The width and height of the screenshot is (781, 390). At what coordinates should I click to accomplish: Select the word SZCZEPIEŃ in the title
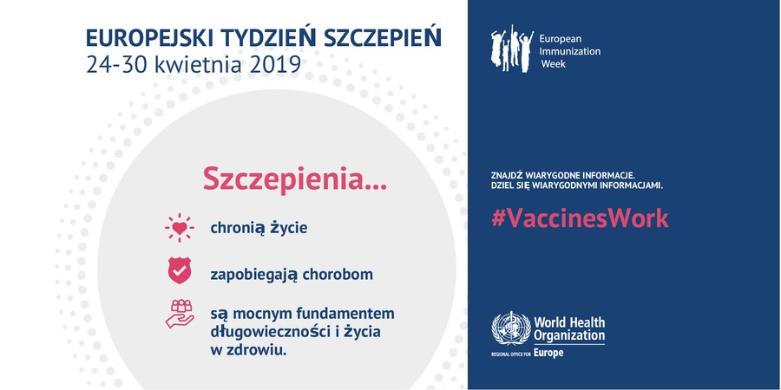click(x=383, y=37)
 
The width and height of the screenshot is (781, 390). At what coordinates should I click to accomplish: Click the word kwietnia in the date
click(x=200, y=65)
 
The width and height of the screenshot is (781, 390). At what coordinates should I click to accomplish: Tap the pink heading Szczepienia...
click(x=295, y=179)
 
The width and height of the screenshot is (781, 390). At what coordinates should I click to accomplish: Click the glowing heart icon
click(x=180, y=228)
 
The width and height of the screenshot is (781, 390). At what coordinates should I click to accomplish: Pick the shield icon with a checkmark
click(x=180, y=270)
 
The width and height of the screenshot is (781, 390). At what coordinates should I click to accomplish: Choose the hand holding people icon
click(x=180, y=314)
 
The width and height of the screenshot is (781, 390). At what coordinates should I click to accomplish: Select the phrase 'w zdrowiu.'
click(x=248, y=350)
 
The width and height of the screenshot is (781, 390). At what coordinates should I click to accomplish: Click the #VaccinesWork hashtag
click(x=580, y=218)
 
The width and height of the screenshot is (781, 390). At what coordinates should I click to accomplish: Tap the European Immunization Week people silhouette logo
click(x=511, y=49)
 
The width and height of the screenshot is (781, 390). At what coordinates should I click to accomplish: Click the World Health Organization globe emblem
click(x=511, y=328)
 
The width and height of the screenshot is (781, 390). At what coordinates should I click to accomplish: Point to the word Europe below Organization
click(x=548, y=354)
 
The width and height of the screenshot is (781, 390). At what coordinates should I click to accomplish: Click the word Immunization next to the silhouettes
click(x=570, y=51)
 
